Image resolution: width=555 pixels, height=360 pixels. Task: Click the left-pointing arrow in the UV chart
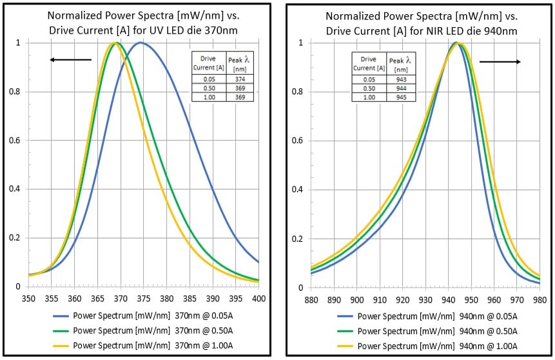[70, 60]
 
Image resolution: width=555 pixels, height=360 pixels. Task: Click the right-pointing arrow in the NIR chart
[500, 62]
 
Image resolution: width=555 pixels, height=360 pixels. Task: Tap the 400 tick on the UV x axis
[258, 299]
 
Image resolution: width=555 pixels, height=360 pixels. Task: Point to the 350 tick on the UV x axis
[28, 299]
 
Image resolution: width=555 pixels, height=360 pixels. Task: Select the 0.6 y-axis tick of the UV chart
[17, 141]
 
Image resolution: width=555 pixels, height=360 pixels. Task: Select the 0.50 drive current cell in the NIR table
[369, 88]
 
